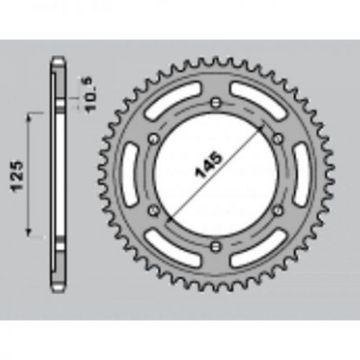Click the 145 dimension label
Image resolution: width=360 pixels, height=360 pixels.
pyautogui.click(x=208, y=164)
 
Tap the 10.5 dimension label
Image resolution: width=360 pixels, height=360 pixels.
pyautogui.click(x=90, y=94)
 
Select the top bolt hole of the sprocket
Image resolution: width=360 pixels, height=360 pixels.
pyautogui.click(x=216, y=102)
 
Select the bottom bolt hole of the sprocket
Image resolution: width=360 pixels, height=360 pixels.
pyautogui.click(x=216, y=245)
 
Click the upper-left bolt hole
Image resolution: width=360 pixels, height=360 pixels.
pyautogui.click(x=153, y=138)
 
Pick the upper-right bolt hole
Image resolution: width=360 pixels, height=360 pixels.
pyautogui.click(x=278, y=138)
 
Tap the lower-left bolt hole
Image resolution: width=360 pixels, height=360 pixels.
pyautogui.click(x=153, y=210)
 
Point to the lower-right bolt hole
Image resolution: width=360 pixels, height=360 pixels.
pyautogui.click(x=278, y=210)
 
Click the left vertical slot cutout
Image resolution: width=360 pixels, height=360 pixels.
pyautogui.click(x=130, y=174)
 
